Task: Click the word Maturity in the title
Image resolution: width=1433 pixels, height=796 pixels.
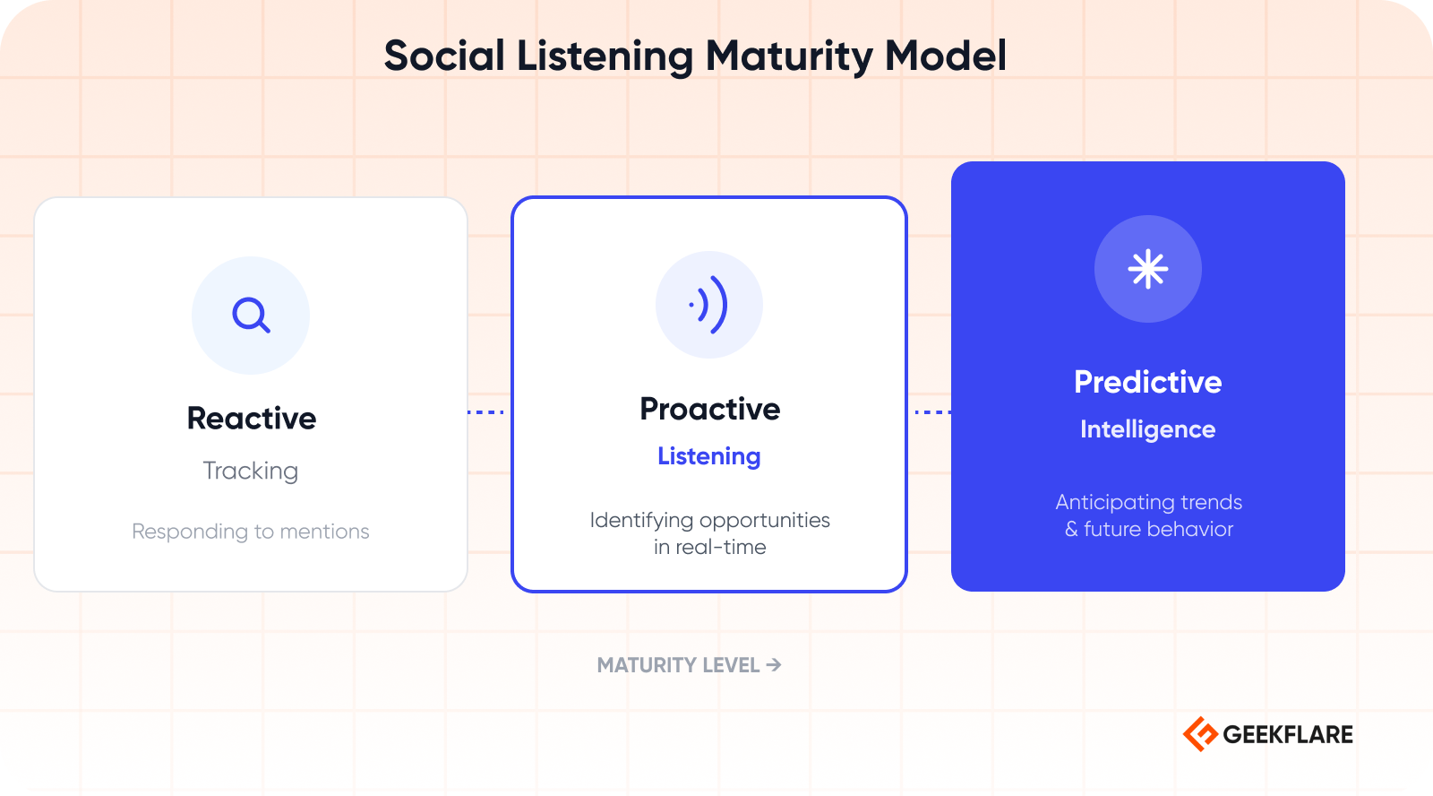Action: point(789,57)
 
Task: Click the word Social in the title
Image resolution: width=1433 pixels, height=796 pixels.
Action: point(444,56)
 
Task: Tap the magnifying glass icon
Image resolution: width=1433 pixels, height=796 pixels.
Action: point(251,315)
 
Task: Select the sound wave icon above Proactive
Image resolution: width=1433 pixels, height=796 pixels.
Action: point(708,305)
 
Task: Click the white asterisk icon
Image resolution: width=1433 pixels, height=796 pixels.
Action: point(1147,269)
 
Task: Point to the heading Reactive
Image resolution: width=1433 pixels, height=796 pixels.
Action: point(252,419)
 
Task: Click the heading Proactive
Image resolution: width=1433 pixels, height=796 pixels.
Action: point(709,410)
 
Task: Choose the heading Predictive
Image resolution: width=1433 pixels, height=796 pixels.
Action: point(1147,382)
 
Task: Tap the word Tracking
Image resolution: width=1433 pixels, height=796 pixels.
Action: point(251,472)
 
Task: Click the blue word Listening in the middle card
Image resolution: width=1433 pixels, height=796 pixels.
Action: point(708,456)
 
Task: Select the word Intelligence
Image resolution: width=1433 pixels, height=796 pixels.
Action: point(1147,429)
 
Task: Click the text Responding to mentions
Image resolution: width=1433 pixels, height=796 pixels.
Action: point(251,532)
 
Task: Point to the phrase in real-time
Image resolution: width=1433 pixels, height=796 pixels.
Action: point(709,547)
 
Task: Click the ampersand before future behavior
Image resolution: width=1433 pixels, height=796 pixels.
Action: point(1071,530)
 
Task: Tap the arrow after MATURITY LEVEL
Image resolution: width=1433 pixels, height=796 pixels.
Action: point(774,665)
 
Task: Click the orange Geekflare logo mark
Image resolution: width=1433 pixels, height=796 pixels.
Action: point(1200,734)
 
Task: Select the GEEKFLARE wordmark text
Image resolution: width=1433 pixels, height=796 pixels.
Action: point(1288,734)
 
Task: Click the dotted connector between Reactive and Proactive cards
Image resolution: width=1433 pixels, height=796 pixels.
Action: point(485,412)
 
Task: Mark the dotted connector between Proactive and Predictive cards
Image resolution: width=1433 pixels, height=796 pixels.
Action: point(932,412)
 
